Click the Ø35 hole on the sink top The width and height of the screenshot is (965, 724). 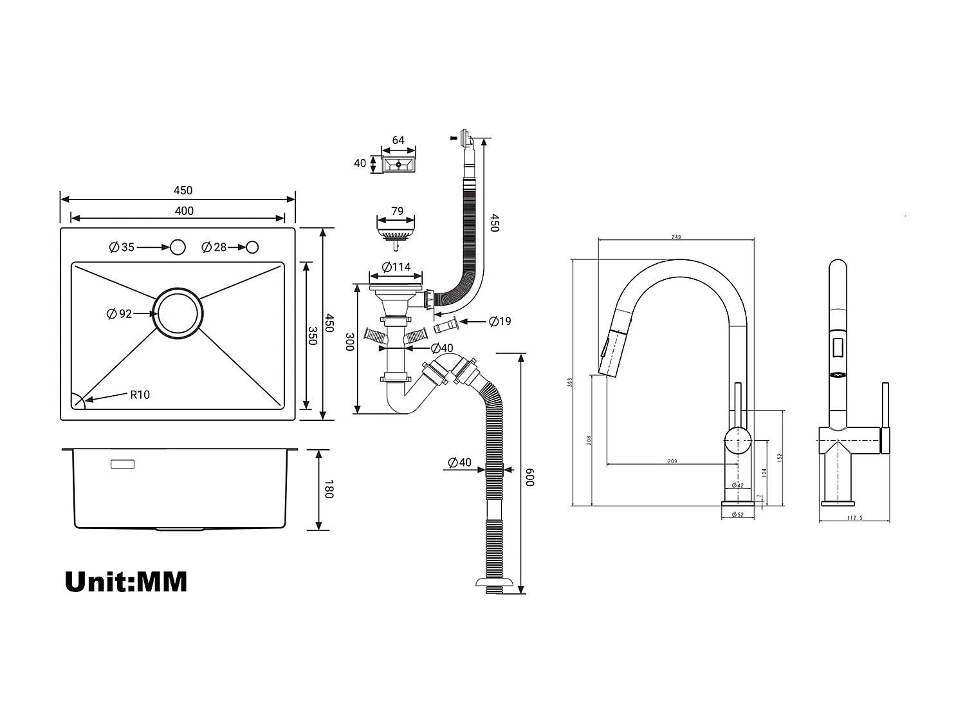177,247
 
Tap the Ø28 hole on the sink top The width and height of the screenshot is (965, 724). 252,247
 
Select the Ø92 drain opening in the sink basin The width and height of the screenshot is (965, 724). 178,313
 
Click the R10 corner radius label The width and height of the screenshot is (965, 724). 140,394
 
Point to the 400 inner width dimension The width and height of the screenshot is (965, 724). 184,211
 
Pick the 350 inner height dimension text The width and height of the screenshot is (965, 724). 313,336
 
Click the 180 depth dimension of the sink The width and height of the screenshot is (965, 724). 328,490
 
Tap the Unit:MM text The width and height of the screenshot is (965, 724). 126,581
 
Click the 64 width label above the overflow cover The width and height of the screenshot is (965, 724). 398,140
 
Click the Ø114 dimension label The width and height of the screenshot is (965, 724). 396,267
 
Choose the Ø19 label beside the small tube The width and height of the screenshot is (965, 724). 500,321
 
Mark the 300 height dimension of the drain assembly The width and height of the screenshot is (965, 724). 349,342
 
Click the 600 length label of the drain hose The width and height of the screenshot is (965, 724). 530,477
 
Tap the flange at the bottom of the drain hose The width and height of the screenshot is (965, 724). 495,583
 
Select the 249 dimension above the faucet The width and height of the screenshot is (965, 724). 676,237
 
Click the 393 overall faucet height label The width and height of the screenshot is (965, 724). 569,382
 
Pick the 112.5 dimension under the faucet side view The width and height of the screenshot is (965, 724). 854,518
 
